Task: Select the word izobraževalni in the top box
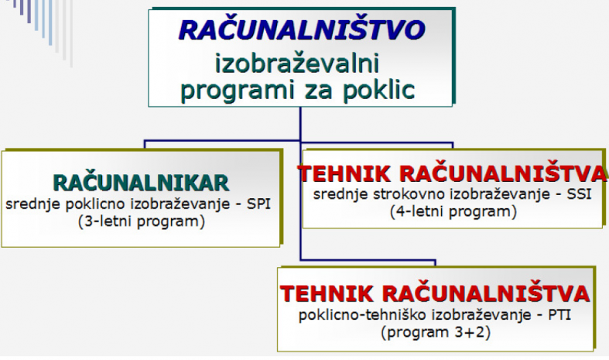click(x=297, y=63)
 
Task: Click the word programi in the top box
click(x=238, y=91)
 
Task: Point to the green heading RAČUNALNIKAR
click(x=141, y=183)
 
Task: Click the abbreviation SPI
click(x=258, y=204)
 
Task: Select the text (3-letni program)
click(x=142, y=221)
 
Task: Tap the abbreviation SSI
click(x=579, y=194)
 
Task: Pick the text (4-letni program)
click(x=453, y=211)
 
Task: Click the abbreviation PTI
click(x=559, y=314)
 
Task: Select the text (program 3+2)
click(x=436, y=332)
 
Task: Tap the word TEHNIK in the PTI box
click(x=327, y=293)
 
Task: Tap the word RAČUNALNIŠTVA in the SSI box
click(x=503, y=173)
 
